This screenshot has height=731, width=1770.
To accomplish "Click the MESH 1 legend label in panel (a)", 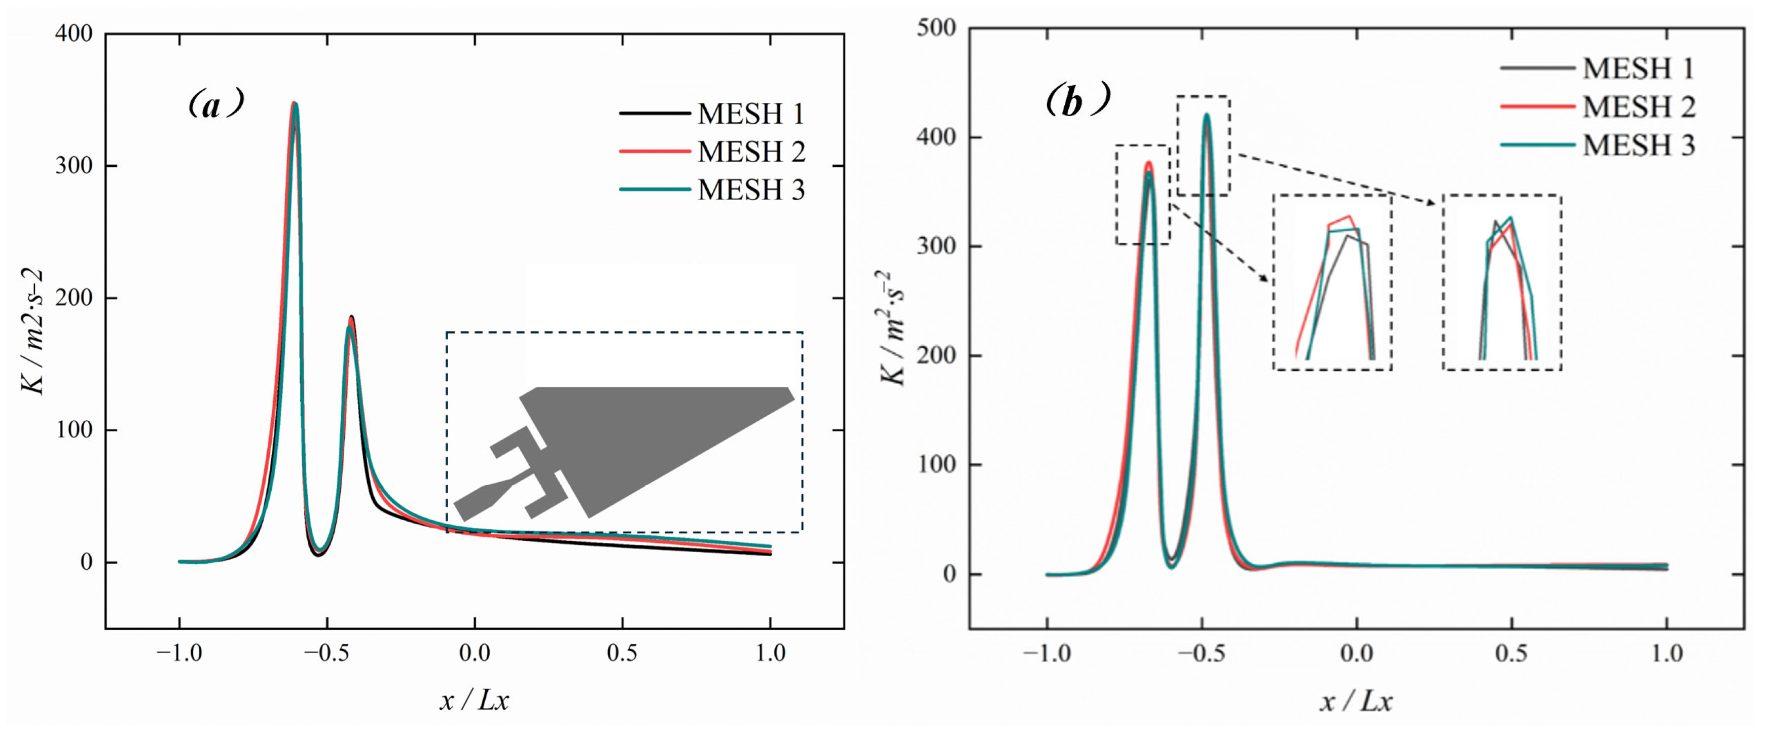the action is [751, 114].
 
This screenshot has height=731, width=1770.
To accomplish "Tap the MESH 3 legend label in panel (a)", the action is [751, 190].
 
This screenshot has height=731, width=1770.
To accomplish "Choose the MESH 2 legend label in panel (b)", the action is [1639, 106].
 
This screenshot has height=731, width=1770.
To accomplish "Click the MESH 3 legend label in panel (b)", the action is [1639, 145].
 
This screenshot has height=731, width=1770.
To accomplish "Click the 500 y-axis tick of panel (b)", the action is [936, 28].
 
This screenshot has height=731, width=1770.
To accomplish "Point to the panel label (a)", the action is [216, 104].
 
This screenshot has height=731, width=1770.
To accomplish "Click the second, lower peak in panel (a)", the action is [351, 317].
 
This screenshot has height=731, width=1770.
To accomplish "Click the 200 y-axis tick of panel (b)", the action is [936, 356].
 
